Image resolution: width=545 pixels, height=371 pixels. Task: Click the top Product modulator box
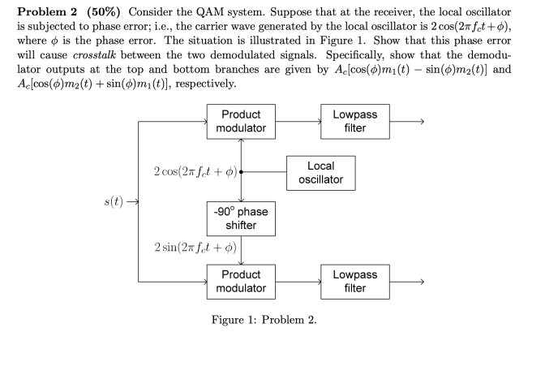click(241, 122)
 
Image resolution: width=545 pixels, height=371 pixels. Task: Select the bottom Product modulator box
click(241, 281)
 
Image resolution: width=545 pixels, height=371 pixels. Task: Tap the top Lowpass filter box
click(354, 122)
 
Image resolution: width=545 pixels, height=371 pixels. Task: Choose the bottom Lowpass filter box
click(354, 281)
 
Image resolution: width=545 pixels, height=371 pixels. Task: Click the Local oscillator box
click(320, 172)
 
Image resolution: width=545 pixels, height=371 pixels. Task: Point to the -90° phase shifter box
click(241, 218)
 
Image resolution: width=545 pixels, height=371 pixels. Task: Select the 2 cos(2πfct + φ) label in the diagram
click(193, 172)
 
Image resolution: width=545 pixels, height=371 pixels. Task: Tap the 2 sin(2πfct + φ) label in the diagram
click(193, 248)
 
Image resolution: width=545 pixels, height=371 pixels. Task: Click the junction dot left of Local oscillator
click(242, 172)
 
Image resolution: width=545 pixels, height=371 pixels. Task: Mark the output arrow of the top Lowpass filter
click(406, 122)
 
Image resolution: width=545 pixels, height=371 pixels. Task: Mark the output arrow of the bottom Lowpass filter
click(406, 281)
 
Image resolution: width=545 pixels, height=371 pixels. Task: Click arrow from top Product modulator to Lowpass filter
click(297, 122)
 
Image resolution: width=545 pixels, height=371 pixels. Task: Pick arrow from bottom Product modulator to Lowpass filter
click(297, 281)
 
